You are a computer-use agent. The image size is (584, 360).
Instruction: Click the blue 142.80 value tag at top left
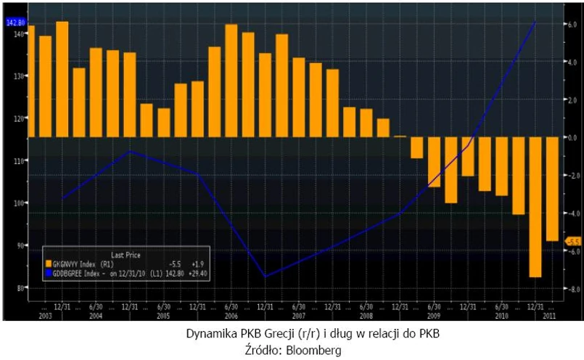(15, 22)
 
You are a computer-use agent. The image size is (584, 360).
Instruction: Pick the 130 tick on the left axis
(17, 76)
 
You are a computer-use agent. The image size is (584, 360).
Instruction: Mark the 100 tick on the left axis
(17, 203)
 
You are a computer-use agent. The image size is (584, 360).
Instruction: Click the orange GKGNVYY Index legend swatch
(48, 263)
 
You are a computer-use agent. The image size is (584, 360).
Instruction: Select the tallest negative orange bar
(535, 207)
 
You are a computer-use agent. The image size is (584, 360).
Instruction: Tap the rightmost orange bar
(553, 189)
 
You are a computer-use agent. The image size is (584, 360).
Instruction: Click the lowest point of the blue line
(265, 277)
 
